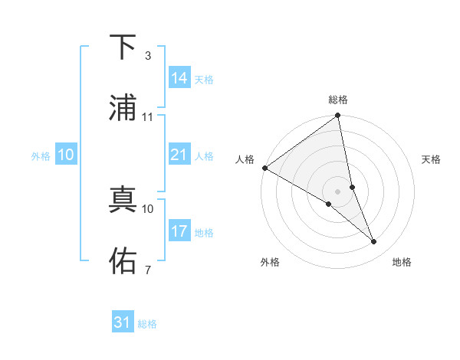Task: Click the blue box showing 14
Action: click(179, 78)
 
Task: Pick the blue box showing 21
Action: click(179, 155)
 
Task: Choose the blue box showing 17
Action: click(179, 231)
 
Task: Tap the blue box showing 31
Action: click(123, 322)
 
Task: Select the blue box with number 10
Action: click(66, 155)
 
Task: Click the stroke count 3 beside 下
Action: click(147, 56)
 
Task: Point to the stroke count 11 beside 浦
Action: click(148, 117)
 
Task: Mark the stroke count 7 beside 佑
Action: click(147, 270)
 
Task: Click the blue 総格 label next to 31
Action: click(147, 324)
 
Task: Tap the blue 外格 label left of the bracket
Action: click(41, 155)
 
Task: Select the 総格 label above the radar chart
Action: click(338, 100)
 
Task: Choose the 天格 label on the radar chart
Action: click(431, 159)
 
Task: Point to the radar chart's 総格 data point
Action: click(338, 116)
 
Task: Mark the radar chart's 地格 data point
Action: click(374, 241)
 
